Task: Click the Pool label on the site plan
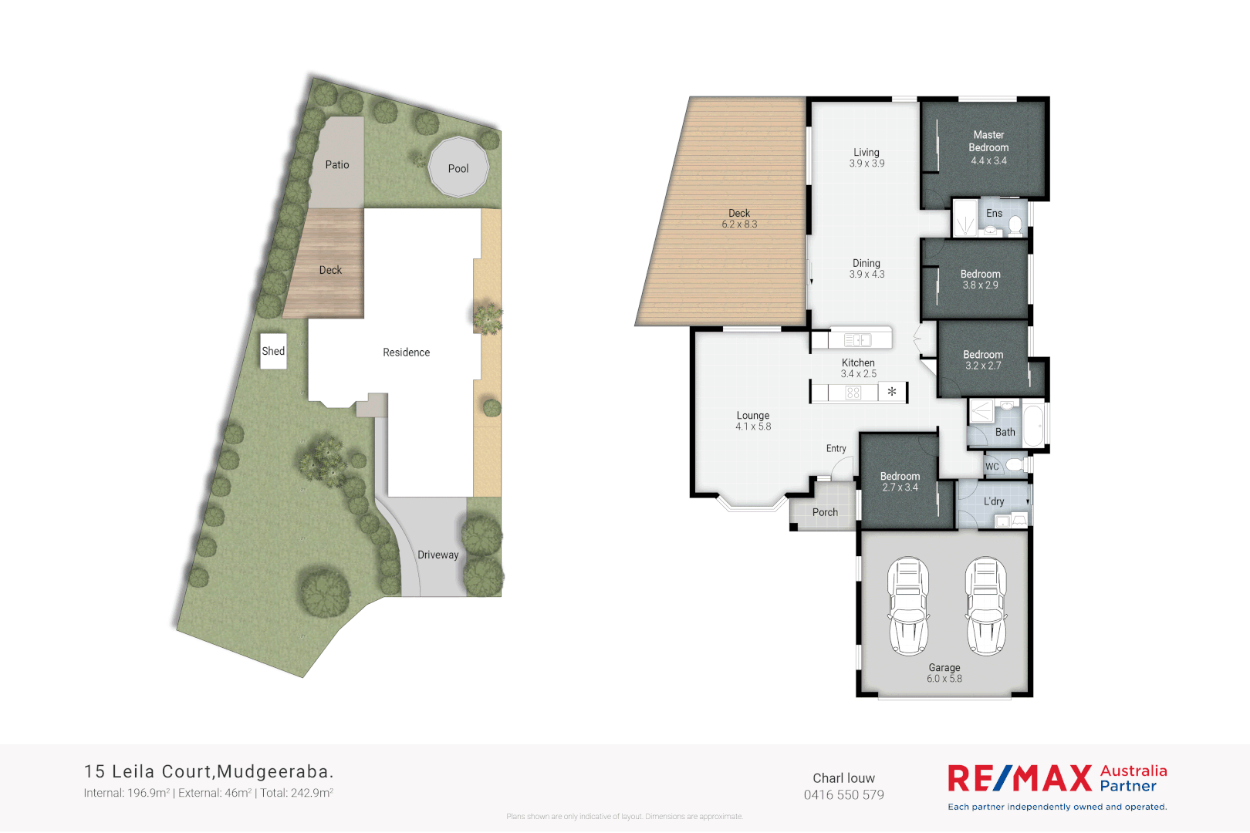[x=458, y=169]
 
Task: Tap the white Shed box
[x=273, y=351]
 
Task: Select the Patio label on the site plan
[x=337, y=165]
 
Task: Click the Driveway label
[x=437, y=555]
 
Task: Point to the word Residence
[x=406, y=352]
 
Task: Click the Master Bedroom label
[x=988, y=141]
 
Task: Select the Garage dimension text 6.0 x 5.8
[x=944, y=679]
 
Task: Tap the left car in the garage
[x=908, y=606]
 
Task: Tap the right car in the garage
[x=985, y=606]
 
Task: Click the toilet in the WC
[x=1015, y=465]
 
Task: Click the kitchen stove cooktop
[x=853, y=393]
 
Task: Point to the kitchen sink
[x=857, y=340]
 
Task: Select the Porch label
[x=825, y=512]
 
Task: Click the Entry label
[x=836, y=448]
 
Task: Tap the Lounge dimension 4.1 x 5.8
[x=753, y=427]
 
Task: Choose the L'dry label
[x=994, y=501]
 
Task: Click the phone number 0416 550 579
[x=844, y=795]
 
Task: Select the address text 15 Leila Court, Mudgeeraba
[x=208, y=771]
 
